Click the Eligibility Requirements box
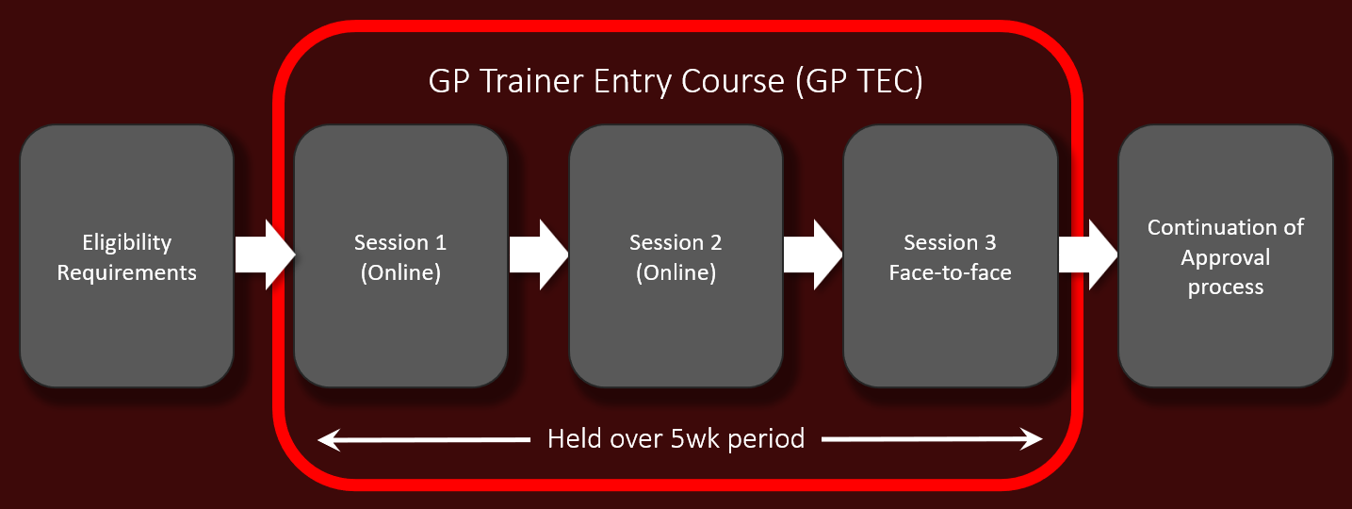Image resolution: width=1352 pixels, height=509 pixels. [126, 256]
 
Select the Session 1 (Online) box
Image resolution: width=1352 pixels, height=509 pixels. [400, 256]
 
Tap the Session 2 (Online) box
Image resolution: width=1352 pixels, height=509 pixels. [676, 256]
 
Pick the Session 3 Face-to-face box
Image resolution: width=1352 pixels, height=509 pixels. [950, 256]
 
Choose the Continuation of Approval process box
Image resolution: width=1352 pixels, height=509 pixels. [1225, 256]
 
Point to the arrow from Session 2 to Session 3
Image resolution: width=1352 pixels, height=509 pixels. [813, 254]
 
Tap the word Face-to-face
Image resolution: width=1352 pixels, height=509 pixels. [950, 273]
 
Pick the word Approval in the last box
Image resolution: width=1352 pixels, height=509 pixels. [1225, 257]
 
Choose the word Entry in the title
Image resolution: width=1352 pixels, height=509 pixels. [634, 82]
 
